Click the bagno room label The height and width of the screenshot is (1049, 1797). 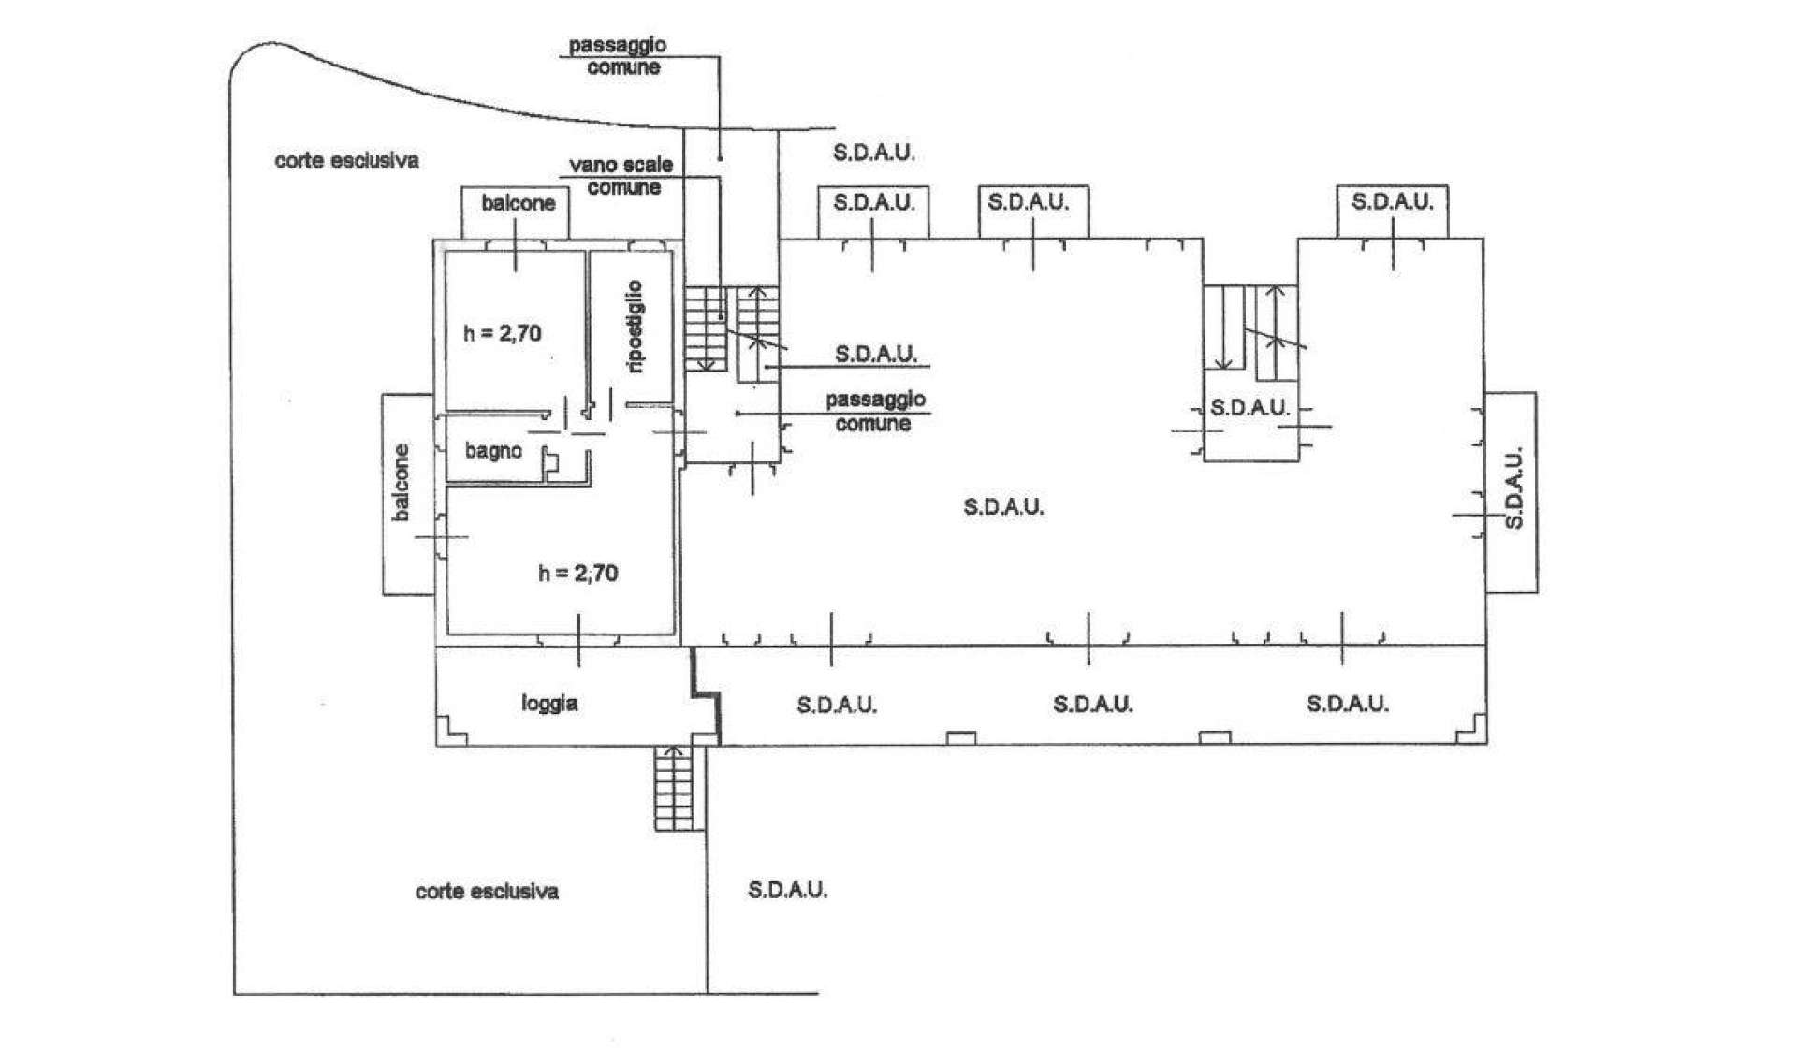[x=493, y=451]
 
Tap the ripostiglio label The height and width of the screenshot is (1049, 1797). [x=636, y=327]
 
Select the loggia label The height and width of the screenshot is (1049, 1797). [x=549, y=703]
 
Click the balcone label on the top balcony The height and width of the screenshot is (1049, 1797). [x=519, y=203]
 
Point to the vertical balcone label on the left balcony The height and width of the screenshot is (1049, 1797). [x=401, y=483]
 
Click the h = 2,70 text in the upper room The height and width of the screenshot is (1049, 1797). [x=503, y=333]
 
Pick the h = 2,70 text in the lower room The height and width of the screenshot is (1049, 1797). [x=578, y=573]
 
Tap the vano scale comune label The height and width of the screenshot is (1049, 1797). [x=622, y=176]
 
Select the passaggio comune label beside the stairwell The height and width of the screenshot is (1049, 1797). [x=875, y=411]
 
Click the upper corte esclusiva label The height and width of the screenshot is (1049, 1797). [x=346, y=160]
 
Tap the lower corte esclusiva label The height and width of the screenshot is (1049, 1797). [x=487, y=891]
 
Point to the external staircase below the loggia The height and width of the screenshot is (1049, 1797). [x=677, y=788]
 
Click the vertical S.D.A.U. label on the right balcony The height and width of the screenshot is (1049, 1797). [x=1513, y=488]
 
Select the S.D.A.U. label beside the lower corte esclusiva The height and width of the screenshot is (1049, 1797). [x=788, y=889]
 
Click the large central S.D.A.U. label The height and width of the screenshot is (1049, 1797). [x=1003, y=506]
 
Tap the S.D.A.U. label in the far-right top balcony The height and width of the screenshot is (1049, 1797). [x=1393, y=201]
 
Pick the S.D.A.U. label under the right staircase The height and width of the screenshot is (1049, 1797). [x=1249, y=408]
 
